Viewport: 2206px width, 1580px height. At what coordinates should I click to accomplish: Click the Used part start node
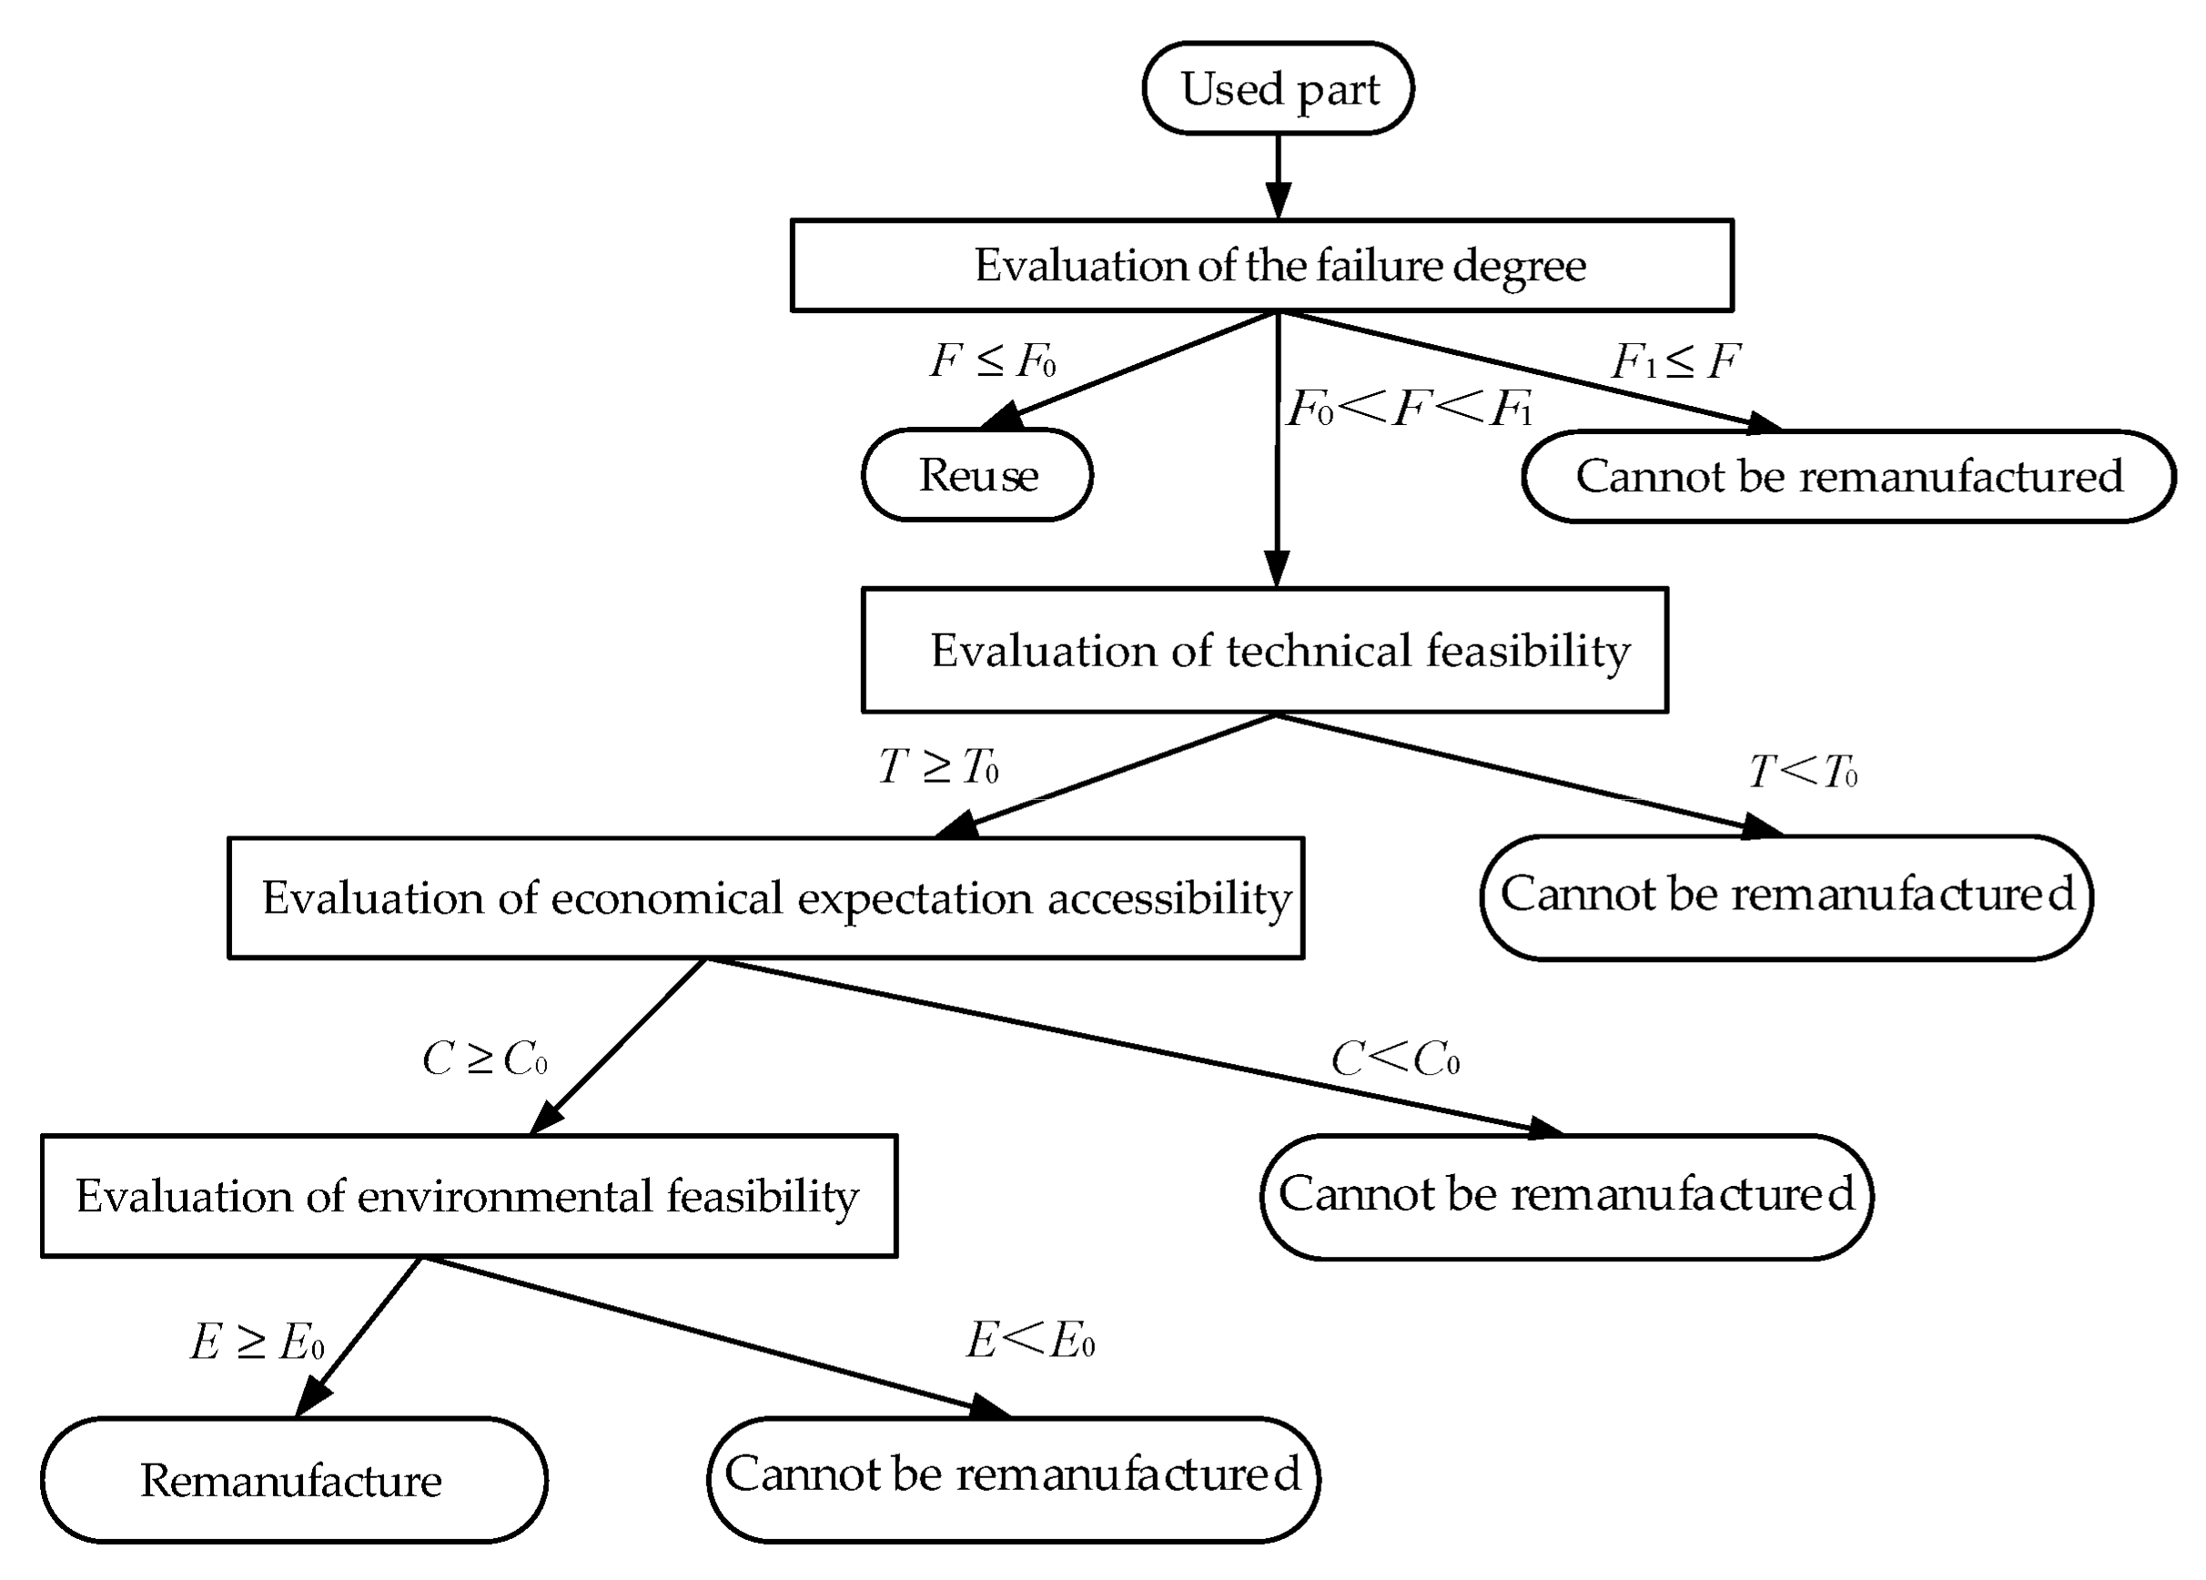click(x=1277, y=88)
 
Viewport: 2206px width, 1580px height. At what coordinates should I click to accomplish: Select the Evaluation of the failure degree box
click(x=1261, y=266)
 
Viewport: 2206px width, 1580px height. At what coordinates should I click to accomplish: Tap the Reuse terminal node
click(x=977, y=476)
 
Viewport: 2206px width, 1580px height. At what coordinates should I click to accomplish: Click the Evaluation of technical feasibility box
click(x=1264, y=650)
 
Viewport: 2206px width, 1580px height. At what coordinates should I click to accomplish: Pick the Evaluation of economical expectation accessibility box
click(x=765, y=898)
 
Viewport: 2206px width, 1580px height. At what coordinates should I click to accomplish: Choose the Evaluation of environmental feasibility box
click(x=468, y=1196)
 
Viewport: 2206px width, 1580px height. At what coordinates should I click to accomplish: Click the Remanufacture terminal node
click(x=293, y=1480)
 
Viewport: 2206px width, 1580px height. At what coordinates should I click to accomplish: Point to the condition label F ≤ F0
click(x=992, y=362)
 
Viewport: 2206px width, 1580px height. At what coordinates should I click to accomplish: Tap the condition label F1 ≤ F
click(x=1675, y=362)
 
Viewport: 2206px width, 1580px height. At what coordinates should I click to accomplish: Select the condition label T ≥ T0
click(x=937, y=766)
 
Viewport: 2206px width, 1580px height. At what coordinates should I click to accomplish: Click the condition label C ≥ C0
click(x=484, y=1058)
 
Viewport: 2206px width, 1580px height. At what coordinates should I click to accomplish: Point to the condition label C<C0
click(x=1394, y=1058)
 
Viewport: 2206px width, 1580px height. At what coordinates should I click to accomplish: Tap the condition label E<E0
click(x=1030, y=1342)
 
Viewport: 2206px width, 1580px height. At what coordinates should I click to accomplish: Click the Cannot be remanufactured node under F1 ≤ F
click(x=1848, y=477)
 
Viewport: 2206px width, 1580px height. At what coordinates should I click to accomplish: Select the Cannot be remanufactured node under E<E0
click(x=1013, y=1474)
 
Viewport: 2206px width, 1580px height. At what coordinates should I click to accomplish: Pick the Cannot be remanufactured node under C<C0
click(x=1566, y=1195)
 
